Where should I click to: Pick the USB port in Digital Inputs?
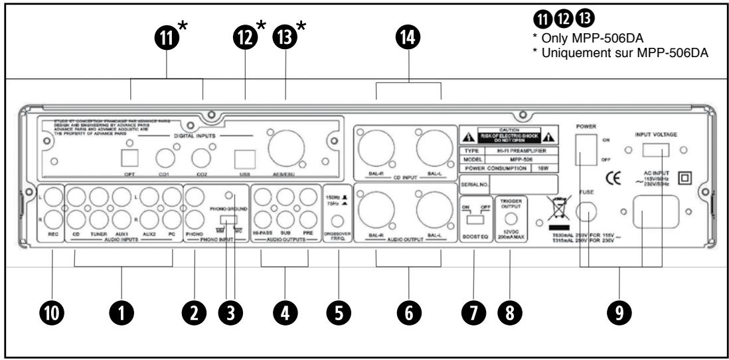coord(242,158)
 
